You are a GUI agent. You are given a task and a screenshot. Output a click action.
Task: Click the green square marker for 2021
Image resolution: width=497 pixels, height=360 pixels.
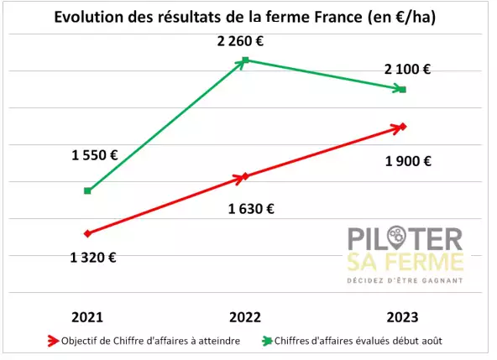(x=87, y=190)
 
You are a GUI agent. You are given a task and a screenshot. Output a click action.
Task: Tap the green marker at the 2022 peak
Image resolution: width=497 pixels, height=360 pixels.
(x=245, y=60)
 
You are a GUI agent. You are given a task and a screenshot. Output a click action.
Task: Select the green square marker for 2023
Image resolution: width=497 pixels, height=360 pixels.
(x=402, y=90)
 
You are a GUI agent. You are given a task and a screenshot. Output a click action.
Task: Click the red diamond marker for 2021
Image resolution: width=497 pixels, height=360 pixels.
(x=88, y=233)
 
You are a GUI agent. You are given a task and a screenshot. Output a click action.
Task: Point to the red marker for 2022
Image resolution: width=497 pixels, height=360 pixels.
(x=245, y=176)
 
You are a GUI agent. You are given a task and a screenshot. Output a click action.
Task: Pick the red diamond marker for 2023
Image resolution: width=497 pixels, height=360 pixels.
(x=402, y=127)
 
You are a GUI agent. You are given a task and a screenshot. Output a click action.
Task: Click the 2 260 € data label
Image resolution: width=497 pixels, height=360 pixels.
(x=240, y=41)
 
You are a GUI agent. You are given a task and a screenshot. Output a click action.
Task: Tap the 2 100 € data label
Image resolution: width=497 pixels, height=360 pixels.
(x=408, y=69)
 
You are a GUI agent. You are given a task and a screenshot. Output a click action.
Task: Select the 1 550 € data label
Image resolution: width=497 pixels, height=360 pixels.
(x=95, y=155)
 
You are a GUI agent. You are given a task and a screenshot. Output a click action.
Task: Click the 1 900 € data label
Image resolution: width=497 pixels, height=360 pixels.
(x=408, y=161)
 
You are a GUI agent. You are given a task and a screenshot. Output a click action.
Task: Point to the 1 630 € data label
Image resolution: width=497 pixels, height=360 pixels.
(x=251, y=209)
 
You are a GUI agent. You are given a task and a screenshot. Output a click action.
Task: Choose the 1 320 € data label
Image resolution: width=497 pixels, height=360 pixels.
(x=93, y=258)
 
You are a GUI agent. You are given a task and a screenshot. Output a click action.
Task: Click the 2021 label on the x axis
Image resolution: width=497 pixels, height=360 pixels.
(x=87, y=317)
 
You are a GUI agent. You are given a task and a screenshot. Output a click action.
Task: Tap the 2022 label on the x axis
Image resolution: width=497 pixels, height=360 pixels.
(x=245, y=317)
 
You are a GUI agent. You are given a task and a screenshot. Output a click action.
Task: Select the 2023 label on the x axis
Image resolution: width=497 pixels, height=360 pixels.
(x=402, y=317)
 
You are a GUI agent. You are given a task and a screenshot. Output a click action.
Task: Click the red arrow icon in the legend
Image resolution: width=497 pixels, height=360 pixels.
(x=53, y=341)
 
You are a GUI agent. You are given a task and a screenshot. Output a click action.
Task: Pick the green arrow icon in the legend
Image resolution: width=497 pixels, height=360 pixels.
(x=267, y=341)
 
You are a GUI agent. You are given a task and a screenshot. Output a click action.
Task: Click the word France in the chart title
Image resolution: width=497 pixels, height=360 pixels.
(x=338, y=17)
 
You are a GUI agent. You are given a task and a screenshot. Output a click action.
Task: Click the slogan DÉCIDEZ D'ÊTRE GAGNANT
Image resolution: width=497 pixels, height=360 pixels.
(x=405, y=281)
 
